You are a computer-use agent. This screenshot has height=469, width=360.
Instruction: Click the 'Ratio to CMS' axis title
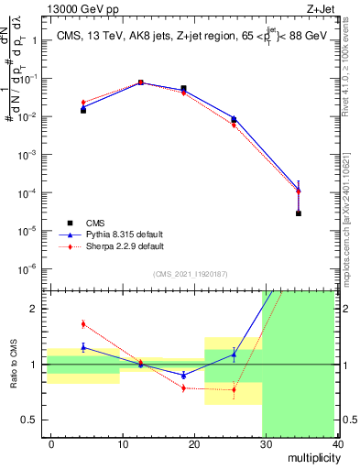coord(12,379)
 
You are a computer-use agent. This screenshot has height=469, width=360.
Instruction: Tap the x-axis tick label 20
coord(194,444)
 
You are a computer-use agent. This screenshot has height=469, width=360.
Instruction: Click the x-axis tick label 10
coord(122,444)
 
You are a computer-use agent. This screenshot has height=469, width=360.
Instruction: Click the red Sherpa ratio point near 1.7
coord(83,323)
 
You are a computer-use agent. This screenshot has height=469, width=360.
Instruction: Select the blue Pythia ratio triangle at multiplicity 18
coord(184,375)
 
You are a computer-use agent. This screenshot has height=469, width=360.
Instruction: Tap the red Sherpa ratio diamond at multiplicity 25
coord(234,389)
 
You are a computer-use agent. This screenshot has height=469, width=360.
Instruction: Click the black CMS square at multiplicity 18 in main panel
coord(184,89)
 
